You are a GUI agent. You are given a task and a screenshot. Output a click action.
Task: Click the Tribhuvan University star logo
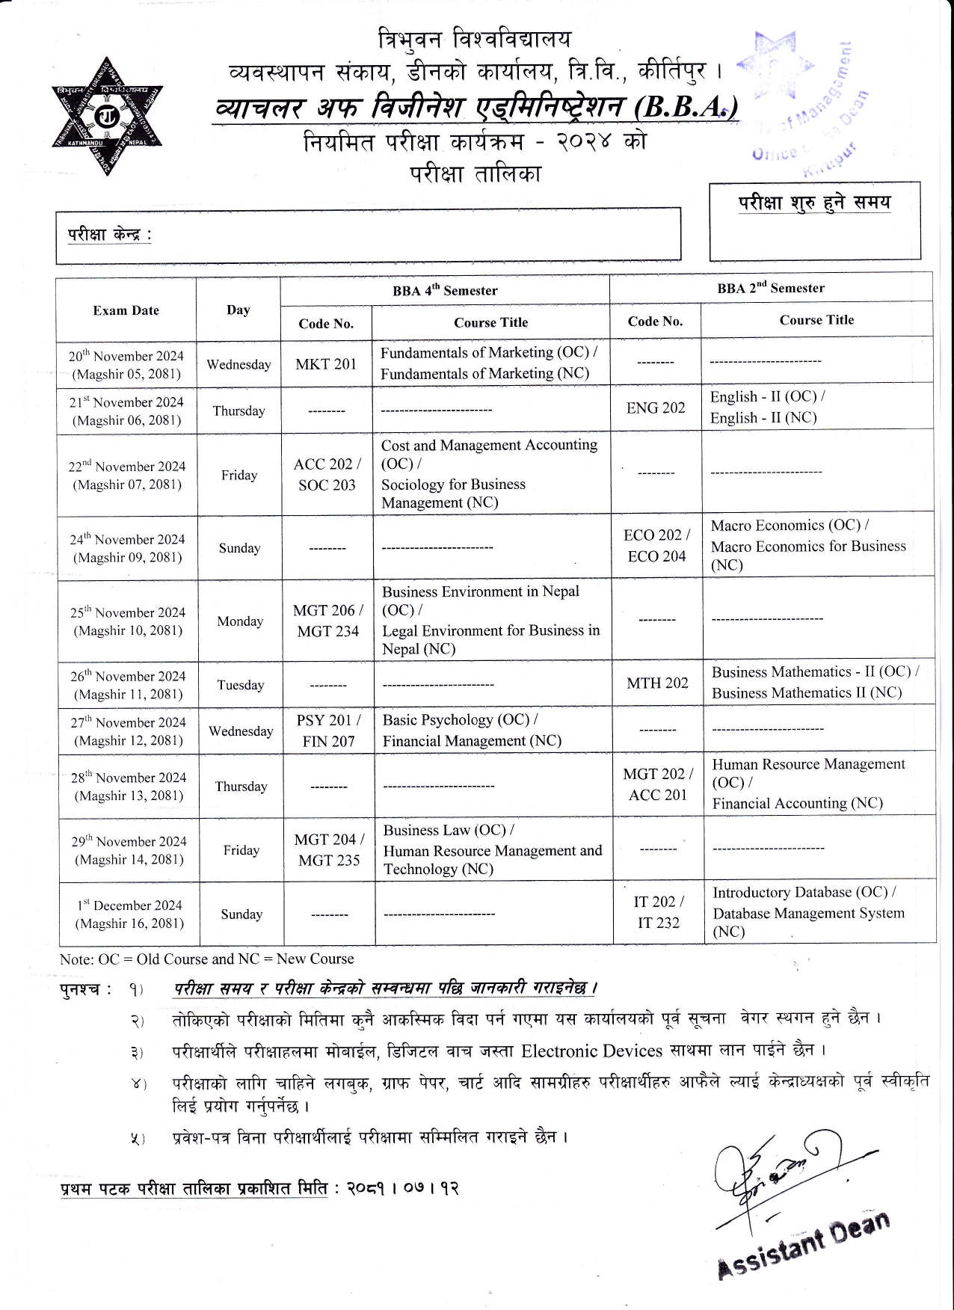[x=107, y=117]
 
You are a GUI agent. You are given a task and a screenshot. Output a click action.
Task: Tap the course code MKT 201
[x=326, y=364]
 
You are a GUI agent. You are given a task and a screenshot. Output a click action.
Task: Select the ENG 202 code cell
[x=656, y=408]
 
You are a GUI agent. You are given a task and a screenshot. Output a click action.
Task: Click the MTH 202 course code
[x=657, y=683]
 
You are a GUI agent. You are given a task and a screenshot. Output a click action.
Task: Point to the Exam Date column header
[x=126, y=310]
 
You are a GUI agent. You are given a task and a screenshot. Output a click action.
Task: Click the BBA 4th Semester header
[x=445, y=291]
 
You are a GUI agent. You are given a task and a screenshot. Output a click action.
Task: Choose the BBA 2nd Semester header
[x=771, y=288]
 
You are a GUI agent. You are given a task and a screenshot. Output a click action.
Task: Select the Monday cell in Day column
[x=240, y=621]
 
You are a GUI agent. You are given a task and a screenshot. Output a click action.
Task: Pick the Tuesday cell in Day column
[x=241, y=685]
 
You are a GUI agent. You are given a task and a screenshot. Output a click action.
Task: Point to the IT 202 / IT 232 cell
[x=659, y=912]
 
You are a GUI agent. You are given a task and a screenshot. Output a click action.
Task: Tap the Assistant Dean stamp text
[x=804, y=1244]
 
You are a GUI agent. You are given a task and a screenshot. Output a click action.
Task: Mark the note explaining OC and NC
[x=207, y=959]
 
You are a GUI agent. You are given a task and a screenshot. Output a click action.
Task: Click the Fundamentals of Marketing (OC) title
[x=488, y=352]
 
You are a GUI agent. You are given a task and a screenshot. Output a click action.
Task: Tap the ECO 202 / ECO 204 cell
[x=656, y=546]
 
